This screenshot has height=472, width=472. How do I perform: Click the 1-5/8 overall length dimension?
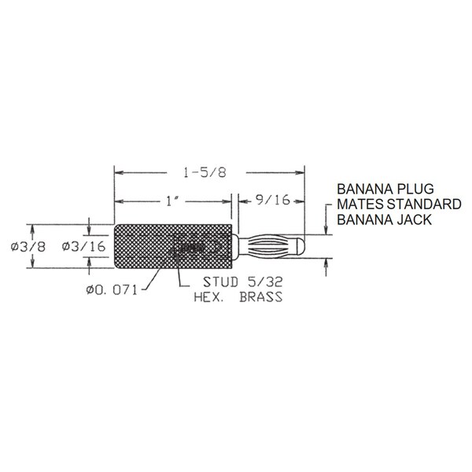point(205,173)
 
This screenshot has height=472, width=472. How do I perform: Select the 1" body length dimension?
point(172,201)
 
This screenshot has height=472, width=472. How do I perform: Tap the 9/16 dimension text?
point(273,200)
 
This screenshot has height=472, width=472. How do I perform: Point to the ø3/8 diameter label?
point(28,247)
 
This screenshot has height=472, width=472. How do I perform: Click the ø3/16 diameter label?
point(83,246)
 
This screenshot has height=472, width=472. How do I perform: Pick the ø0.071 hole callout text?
point(112,289)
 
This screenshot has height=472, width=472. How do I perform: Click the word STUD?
point(220,282)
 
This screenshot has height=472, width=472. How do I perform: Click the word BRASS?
point(261,297)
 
